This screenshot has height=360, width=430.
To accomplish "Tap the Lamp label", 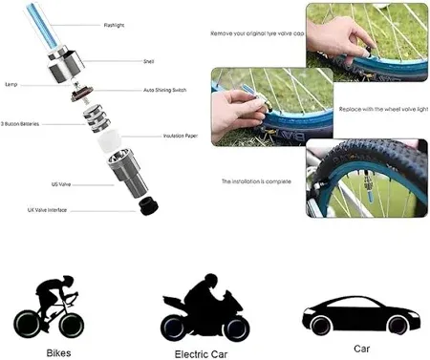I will (11, 83).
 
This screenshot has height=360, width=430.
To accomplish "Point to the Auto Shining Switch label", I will (166, 91).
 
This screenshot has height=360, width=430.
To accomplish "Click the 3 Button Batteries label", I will (21, 122).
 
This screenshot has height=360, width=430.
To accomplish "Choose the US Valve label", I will (61, 183).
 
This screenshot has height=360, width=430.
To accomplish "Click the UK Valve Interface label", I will (47, 207).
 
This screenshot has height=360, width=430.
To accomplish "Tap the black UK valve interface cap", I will (148, 205).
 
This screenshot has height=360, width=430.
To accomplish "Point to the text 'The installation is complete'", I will (256, 180).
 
